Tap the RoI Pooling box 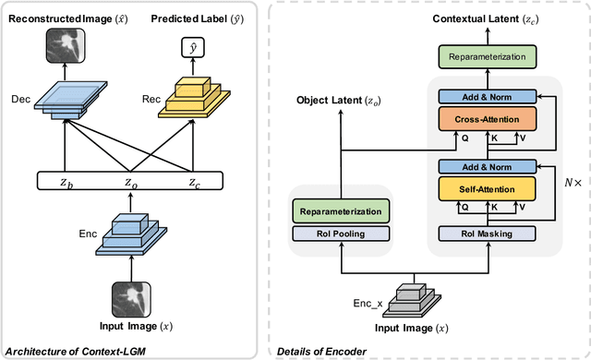click(x=341, y=233)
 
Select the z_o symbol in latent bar click(x=131, y=183)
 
